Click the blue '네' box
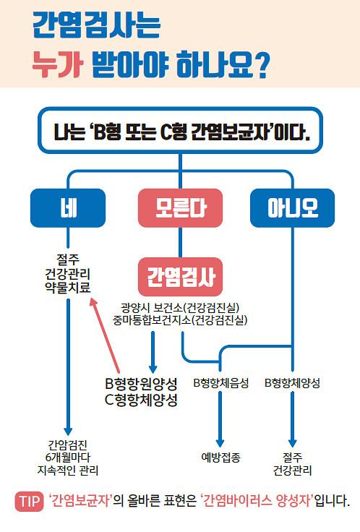coord(68,208)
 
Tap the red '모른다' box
coord(180,208)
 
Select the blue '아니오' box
coord(293,208)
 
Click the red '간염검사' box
coord(180,277)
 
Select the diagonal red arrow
coord(105,335)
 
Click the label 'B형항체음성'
coord(221,383)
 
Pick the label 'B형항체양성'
coord(292,383)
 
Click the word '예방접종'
coord(221,458)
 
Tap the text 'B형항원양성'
coord(141,384)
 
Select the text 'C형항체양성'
coord(141,400)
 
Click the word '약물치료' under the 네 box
coord(68,288)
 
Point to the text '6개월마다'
coord(68,458)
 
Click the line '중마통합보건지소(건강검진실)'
coord(180,320)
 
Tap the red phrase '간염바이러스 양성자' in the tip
coord(257,501)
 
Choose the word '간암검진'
coord(68,445)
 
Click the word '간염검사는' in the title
coord(96,25)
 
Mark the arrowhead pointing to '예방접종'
coord(220,443)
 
